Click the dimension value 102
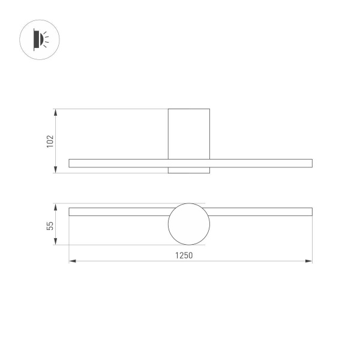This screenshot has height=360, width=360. (50, 141)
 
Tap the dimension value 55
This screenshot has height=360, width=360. (50, 225)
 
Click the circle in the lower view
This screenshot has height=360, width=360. (187, 224)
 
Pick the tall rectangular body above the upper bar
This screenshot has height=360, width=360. (188, 133)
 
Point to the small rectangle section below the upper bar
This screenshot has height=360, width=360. (188, 170)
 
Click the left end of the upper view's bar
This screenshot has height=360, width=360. (71, 163)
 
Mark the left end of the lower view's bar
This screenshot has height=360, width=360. (71, 211)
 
